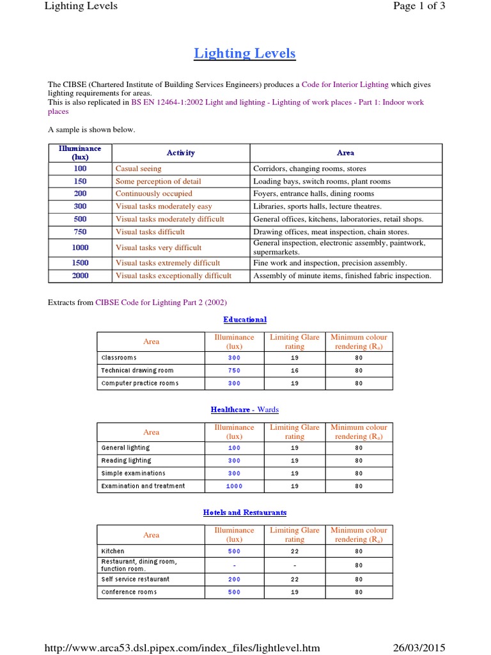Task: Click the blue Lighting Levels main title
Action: pos(245,53)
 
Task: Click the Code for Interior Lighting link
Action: pos(345,84)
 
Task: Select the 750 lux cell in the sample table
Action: pos(80,232)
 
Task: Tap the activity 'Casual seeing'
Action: pos(138,168)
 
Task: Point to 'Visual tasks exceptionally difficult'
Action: pos(173,276)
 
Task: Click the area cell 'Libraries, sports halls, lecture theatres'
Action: pos(317,206)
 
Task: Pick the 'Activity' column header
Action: pos(180,153)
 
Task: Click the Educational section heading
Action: pos(245,319)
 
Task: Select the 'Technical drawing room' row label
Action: pos(137,370)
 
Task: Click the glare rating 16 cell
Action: pos(294,370)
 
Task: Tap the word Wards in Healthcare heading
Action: pos(268,409)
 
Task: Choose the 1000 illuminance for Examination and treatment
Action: pos(234,486)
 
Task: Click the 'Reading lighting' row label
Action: pos(126,461)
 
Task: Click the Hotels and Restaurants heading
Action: pos(245,512)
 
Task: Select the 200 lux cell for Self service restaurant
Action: pos(234,579)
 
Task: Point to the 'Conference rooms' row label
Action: pos(129,592)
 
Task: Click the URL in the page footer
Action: pos(182,647)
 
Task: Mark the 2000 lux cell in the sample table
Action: pos(80,276)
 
